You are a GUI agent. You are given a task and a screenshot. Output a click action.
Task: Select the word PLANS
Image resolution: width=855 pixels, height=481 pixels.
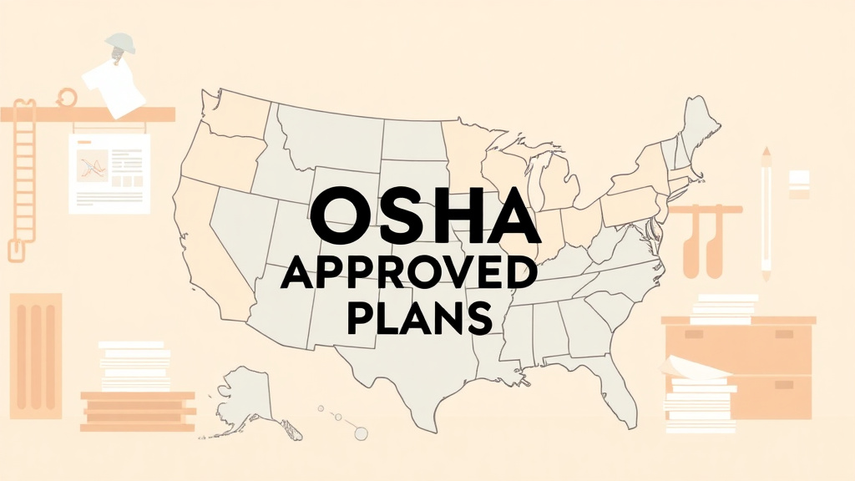point(417,317)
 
